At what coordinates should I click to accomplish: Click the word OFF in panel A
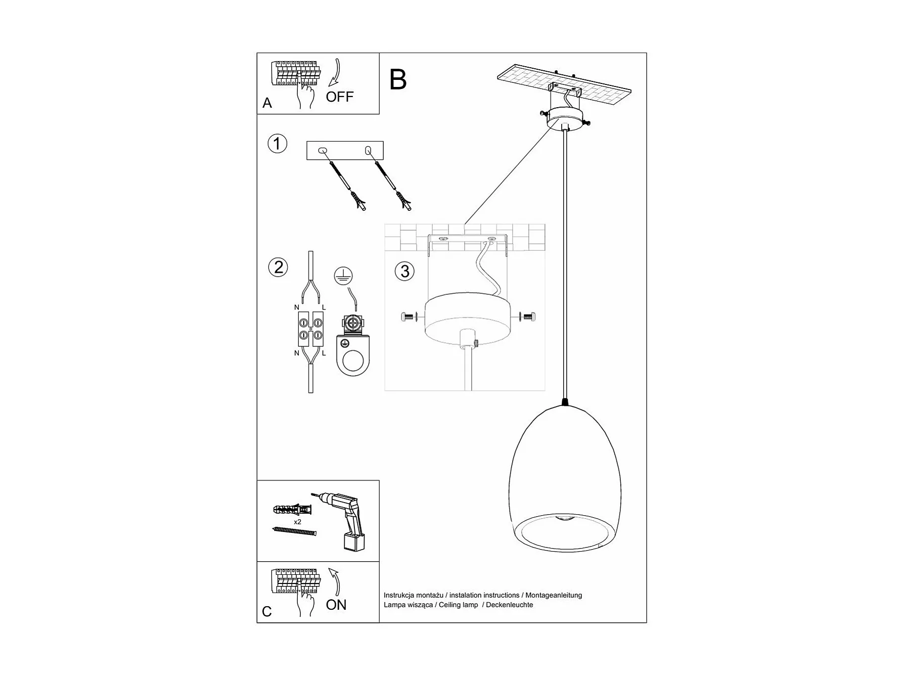pos(339,97)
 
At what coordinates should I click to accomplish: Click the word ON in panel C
pos(336,605)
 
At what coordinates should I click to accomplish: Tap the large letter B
pos(398,80)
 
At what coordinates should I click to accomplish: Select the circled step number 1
pos(277,144)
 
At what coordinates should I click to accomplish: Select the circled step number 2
pos(278,267)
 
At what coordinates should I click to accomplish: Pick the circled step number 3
pos(404,271)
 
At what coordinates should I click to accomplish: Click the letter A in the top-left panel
pos(267,103)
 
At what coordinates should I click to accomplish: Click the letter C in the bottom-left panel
pos(267,612)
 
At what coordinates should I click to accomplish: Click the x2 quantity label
pos(297,521)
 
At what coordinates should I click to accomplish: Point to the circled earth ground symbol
pos(343,276)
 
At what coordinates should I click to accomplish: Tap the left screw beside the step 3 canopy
pos(407,318)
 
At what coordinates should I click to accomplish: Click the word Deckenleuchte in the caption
pos(509,605)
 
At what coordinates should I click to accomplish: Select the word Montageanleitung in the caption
pos(553,595)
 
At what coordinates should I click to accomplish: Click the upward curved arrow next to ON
pos(335,581)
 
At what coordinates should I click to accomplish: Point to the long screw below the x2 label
pos(294,531)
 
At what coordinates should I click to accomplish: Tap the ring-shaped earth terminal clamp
pos(353,358)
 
